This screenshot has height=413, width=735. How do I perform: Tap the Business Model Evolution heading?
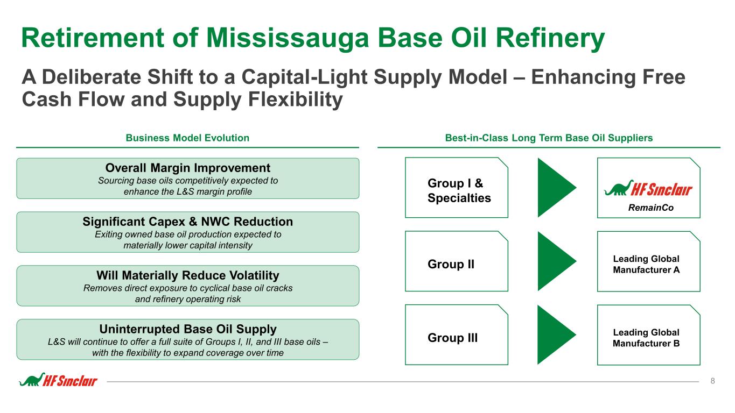[187, 138]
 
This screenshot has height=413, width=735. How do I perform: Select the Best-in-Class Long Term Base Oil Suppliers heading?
[549, 138]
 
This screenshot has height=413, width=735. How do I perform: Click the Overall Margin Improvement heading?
[188, 168]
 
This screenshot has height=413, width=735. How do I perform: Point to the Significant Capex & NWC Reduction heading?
[188, 222]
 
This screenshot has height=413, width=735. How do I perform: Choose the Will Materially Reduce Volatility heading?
[188, 275]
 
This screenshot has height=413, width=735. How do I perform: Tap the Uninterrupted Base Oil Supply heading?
[188, 329]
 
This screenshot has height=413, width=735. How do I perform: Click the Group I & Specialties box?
[457, 188]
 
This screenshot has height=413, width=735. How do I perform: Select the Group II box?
[457, 261]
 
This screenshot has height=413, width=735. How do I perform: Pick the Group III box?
[457, 334]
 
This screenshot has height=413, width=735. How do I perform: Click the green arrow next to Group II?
[557, 261]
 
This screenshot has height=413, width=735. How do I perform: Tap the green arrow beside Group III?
[557, 334]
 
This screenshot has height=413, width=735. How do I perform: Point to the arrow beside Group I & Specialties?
[557, 188]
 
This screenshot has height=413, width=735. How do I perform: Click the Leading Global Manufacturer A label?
[646, 264]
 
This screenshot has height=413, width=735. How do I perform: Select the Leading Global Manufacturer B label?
[646, 338]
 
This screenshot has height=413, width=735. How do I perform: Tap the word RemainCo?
[650, 208]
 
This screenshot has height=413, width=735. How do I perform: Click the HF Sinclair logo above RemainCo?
[648, 188]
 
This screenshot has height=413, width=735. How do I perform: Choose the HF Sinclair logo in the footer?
[58, 380]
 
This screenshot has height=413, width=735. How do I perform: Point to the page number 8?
[712, 381]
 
